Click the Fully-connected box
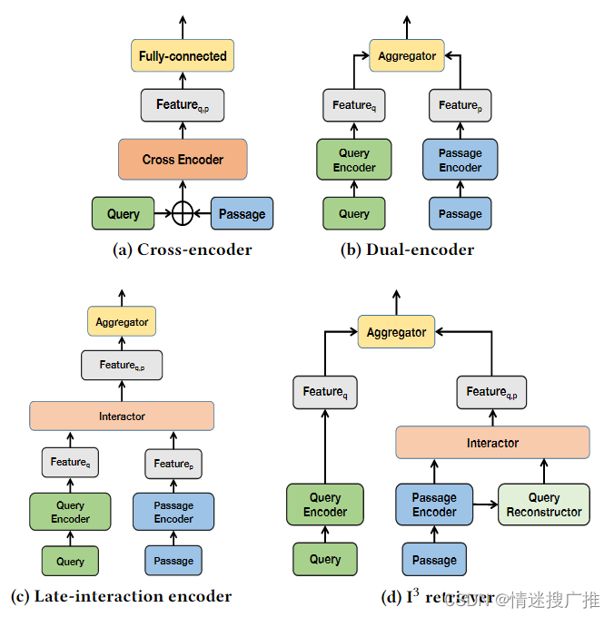(183, 56)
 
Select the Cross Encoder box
(183, 160)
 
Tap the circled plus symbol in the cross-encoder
(183, 213)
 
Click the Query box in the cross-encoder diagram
(124, 213)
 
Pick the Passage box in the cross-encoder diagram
(242, 213)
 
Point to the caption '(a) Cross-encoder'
(182, 250)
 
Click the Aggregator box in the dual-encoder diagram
(407, 56)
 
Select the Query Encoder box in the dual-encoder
(354, 160)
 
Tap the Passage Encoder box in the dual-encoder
(460, 160)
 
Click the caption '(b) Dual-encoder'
(407, 250)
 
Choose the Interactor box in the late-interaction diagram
(122, 416)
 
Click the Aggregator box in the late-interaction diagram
(122, 321)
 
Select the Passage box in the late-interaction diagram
(173, 561)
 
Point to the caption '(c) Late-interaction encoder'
(121, 596)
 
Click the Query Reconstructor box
(544, 504)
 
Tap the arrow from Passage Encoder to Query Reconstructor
(486, 504)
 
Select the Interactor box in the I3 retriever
(493, 443)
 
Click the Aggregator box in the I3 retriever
(396, 333)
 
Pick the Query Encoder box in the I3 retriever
(325, 504)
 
